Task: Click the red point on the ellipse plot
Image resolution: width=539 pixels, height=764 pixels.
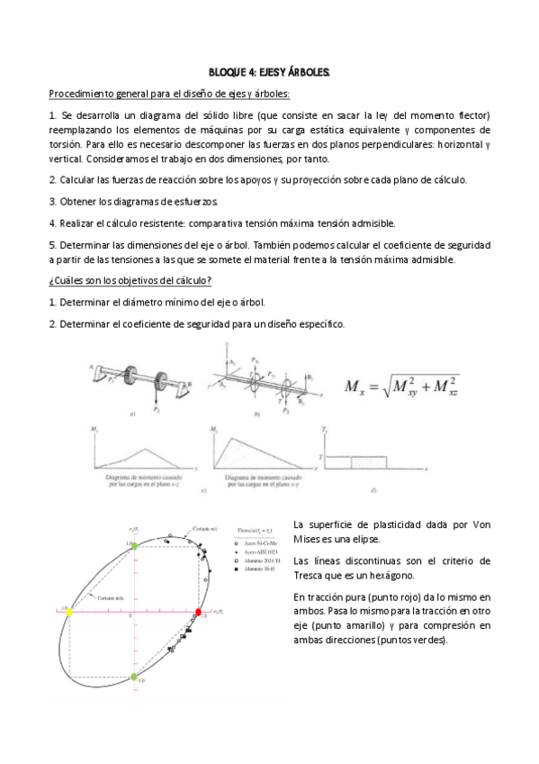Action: tap(199, 612)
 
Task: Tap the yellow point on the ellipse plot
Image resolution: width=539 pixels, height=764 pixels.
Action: tap(68, 611)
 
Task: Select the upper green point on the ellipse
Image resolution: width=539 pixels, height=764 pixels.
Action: tap(133, 546)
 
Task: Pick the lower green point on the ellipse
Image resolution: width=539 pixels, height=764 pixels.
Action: tap(134, 676)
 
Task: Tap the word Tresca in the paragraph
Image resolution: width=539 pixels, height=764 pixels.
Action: tap(311, 575)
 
